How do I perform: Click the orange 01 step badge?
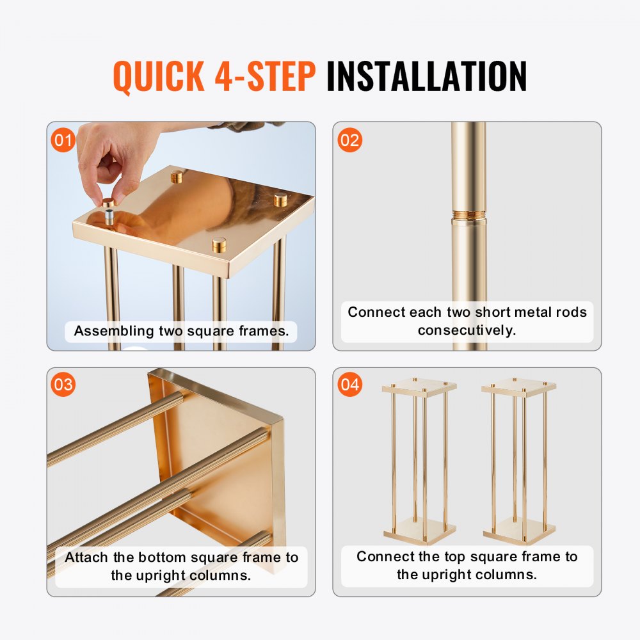click(x=63, y=140)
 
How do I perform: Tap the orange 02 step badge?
click(x=349, y=140)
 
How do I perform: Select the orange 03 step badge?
click(x=63, y=385)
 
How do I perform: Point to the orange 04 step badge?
click(x=349, y=385)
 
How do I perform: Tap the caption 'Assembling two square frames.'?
click(x=181, y=331)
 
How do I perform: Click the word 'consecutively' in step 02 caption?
click(x=467, y=330)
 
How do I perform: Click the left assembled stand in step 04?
click(x=419, y=461)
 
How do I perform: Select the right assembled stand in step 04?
click(x=519, y=461)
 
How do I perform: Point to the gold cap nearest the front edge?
click(x=220, y=244)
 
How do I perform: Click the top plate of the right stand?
click(x=519, y=386)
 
